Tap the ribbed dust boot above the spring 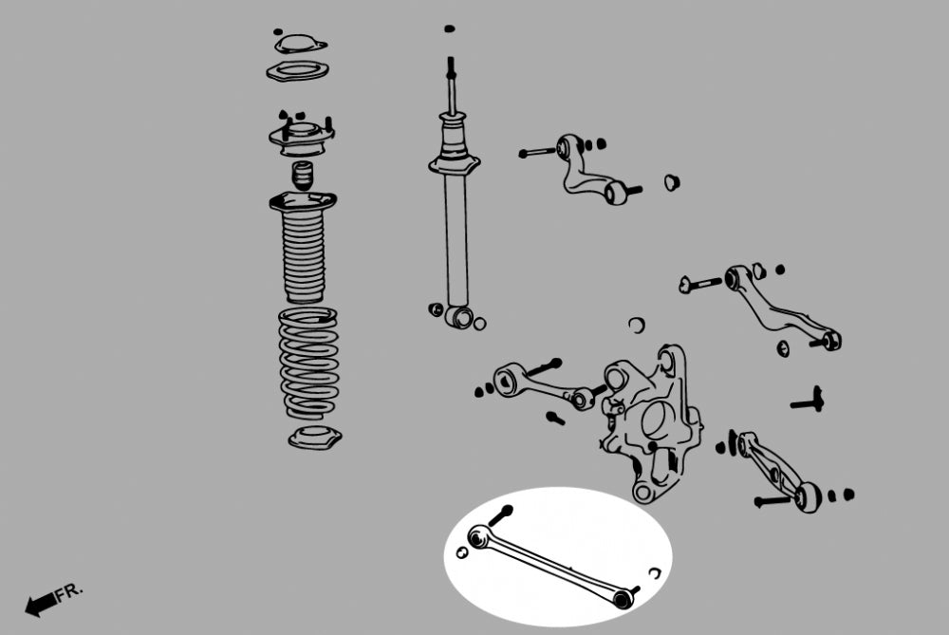pyautogui.click(x=304, y=246)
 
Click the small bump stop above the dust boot pyautogui.click(x=303, y=175)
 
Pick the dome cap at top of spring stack pyautogui.click(x=301, y=45)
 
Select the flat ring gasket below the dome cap pyautogui.click(x=298, y=71)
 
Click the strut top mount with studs pyautogui.click(x=302, y=135)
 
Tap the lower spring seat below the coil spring pyautogui.click(x=315, y=437)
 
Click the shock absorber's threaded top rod pyautogui.click(x=451, y=84)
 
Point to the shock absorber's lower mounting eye pyautogui.click(x=460, y=316)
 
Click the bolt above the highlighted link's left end pyautogui.click(x=500, y=515)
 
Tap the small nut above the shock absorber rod pyautogui.click(x=449, y=28)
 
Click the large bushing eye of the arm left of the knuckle pyautogui.click(x=507, y=381)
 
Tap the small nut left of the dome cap pyautogui.click(x=278, y=31)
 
